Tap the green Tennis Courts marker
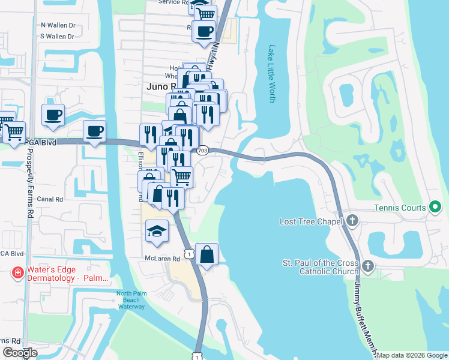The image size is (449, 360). [436, 208]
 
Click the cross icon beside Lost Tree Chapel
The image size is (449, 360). [352, 221]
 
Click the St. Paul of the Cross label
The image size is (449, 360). [320, 263]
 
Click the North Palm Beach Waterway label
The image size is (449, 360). [131, 300]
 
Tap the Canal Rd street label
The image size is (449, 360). [50, 199]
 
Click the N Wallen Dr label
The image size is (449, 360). [58, 26]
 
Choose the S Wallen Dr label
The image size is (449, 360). [58, 37]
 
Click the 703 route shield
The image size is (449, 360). [203, 150]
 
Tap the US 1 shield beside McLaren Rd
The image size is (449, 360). [189, 255]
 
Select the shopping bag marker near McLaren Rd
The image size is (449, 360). [206, 255]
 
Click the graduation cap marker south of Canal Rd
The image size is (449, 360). [157, 232]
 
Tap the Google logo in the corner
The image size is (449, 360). [20, 352]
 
